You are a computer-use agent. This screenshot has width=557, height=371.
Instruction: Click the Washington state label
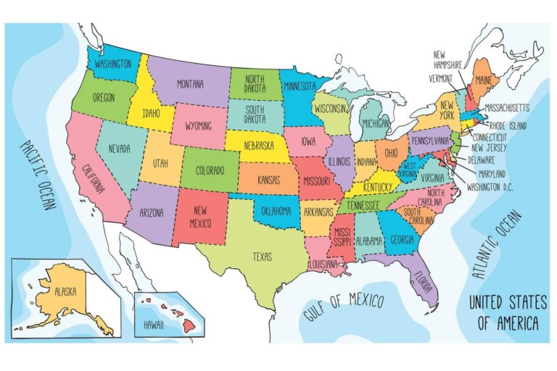[113, 64]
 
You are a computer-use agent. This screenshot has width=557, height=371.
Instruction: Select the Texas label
[262, 256]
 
